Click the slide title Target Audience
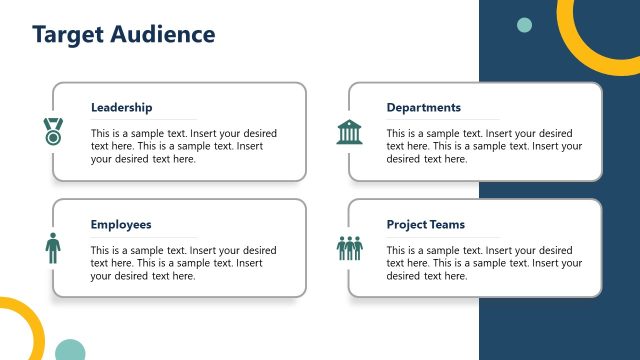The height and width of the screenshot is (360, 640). (x=124, y=34)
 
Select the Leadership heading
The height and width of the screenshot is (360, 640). (x=121, y=108)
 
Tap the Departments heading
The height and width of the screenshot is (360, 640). (x=423, y=108)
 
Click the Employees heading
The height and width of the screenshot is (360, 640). (x=121, y=225)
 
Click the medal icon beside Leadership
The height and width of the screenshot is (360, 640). (x=52, y=130)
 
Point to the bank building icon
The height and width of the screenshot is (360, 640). (x=350, y=131)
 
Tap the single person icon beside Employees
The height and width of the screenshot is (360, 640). (x=52, y=247)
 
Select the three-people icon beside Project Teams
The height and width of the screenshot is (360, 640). (x=350, y=248)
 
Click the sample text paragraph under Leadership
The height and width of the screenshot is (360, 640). (x=183, y=146)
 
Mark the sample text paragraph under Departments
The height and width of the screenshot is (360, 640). (x=484, y=146)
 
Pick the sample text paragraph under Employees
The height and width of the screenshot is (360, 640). (x=183, y=263)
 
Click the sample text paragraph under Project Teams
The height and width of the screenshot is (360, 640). (x=484, y=263)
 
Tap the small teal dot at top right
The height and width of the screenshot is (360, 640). (x=524, y=25)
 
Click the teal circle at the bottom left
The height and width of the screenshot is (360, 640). (x=70, y=350)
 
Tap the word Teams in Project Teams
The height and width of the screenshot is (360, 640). (x=447, y=225)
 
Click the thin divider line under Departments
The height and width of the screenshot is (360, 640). (x=442, y=120)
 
